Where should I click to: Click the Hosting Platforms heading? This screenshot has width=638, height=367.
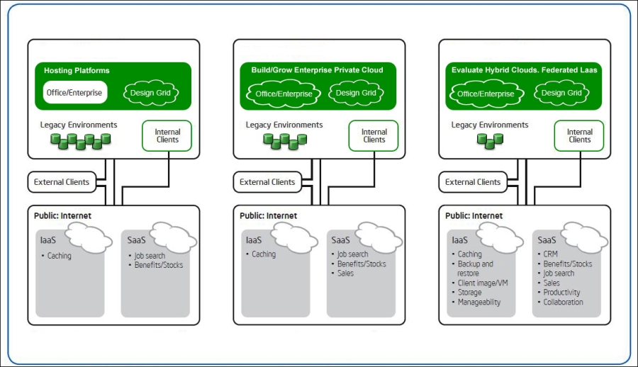pos(77,71)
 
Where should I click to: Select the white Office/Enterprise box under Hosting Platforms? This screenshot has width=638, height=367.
pos(74,93)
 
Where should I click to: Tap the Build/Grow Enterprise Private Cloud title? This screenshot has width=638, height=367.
pos(317,70)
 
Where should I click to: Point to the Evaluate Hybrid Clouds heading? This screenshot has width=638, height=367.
pos(524,70)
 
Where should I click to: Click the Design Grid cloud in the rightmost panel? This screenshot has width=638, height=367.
pos(562,93)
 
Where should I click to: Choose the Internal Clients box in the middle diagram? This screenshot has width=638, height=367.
pos(374,136)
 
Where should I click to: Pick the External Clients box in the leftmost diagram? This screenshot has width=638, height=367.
pos(62,182)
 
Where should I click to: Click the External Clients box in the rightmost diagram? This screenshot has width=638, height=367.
pos(473,182)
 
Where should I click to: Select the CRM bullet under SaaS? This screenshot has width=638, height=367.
pos(551,254)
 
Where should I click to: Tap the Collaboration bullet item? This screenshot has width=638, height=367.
pos(563,303)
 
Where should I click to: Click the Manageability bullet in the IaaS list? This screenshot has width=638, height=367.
pos(479,303)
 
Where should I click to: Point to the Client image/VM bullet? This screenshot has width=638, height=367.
pos(483,283)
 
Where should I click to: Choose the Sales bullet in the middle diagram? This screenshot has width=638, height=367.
pos(345,273)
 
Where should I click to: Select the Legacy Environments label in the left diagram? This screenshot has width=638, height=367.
pos(79,125)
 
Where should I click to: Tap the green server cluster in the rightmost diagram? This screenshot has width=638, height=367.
pos(490,141)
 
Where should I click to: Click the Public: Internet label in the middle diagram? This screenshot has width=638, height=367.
pos(268,216)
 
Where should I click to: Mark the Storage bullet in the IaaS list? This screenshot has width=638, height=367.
pos(469,293)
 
